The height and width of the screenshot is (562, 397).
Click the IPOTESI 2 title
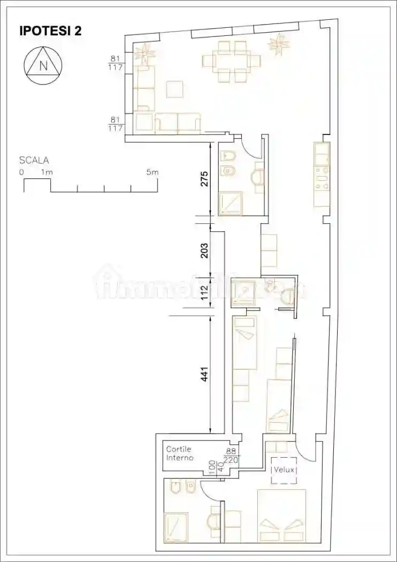tap(51, 31)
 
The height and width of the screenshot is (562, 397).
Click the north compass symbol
tap(43, 66)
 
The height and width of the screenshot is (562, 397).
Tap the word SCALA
tap(34, 160)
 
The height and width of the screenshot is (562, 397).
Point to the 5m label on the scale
tap(152, 172)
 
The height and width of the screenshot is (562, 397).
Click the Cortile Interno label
tap(179, 454)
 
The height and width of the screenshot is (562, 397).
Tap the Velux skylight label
tap(284, 470)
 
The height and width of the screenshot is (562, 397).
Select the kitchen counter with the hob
tap(322, 177)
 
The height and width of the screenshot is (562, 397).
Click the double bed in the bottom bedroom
tap(281, 515)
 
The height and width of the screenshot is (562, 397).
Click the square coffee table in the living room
tap(174, 89)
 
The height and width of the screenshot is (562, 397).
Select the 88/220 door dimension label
tap(232, 455)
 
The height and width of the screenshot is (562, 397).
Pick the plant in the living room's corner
tap(144, 53)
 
